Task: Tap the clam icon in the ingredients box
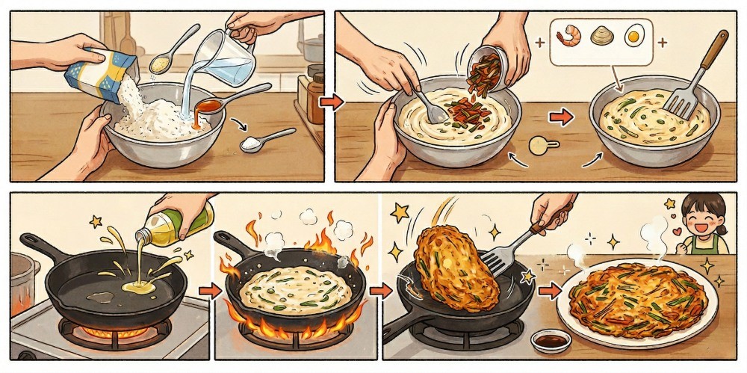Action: pyautogui.click(x=604, y=34)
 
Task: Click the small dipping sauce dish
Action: pyautogui.click(x=551, y=340)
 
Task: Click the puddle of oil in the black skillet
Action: pyautogui.click(x=137, y=286)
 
